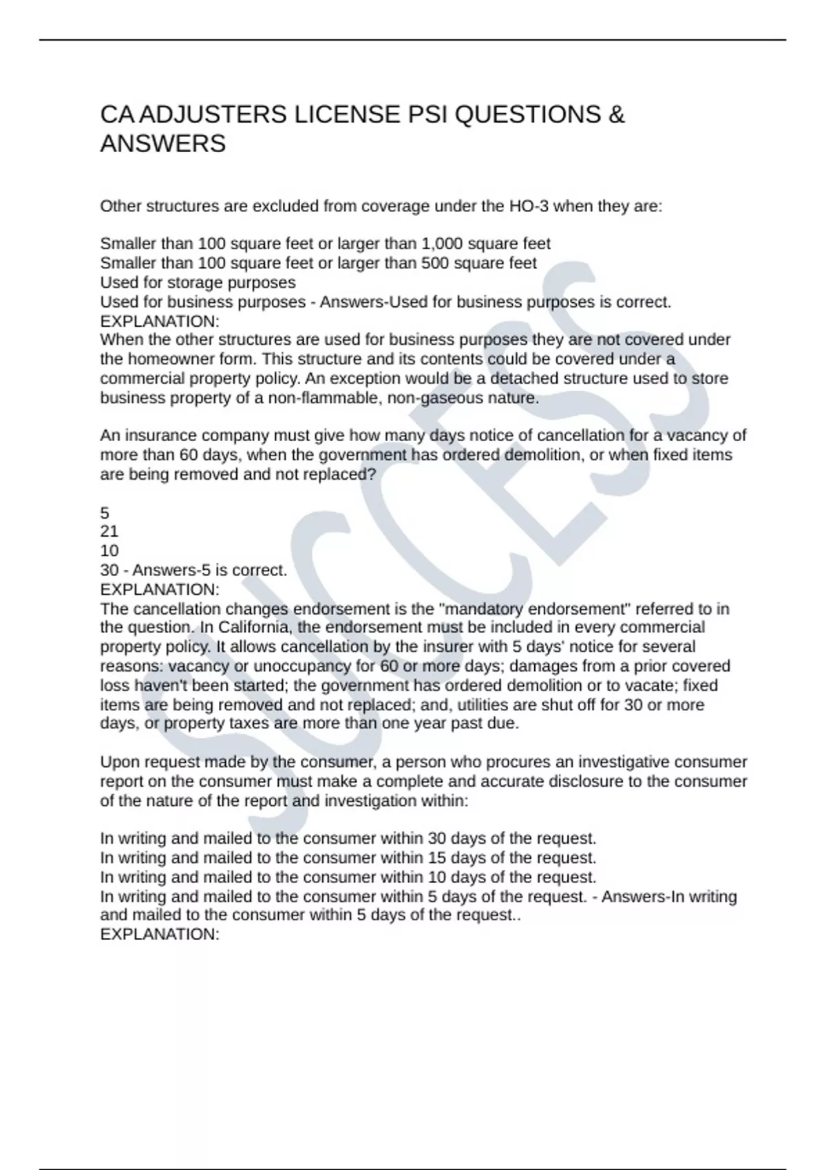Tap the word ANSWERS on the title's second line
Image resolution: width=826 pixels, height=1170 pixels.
point(163,144)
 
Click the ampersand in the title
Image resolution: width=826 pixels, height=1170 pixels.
point(617,114)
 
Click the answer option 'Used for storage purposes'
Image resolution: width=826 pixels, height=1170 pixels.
point(198,283)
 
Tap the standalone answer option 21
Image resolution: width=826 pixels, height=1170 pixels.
point(109,531)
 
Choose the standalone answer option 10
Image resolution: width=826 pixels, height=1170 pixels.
point(109,551)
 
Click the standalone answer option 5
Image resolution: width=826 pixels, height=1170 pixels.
point(105,513)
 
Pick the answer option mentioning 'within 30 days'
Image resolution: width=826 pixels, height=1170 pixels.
point(348,839)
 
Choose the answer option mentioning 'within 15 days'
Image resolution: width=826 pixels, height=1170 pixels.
point(348,858)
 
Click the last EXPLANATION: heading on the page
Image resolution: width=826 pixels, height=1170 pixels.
point(160,935)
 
